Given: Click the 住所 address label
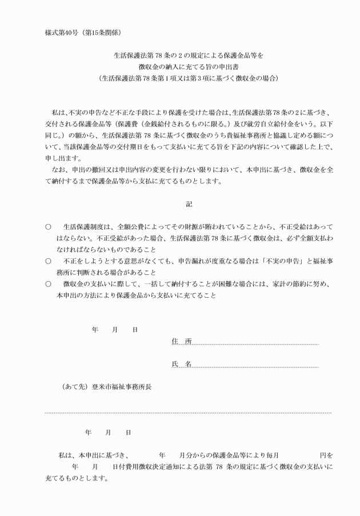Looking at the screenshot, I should point(181,341).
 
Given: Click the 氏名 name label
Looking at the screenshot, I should point(181,363).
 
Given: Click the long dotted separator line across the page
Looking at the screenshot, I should point(189,412).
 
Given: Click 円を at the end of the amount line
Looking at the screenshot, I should point(326,455).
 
